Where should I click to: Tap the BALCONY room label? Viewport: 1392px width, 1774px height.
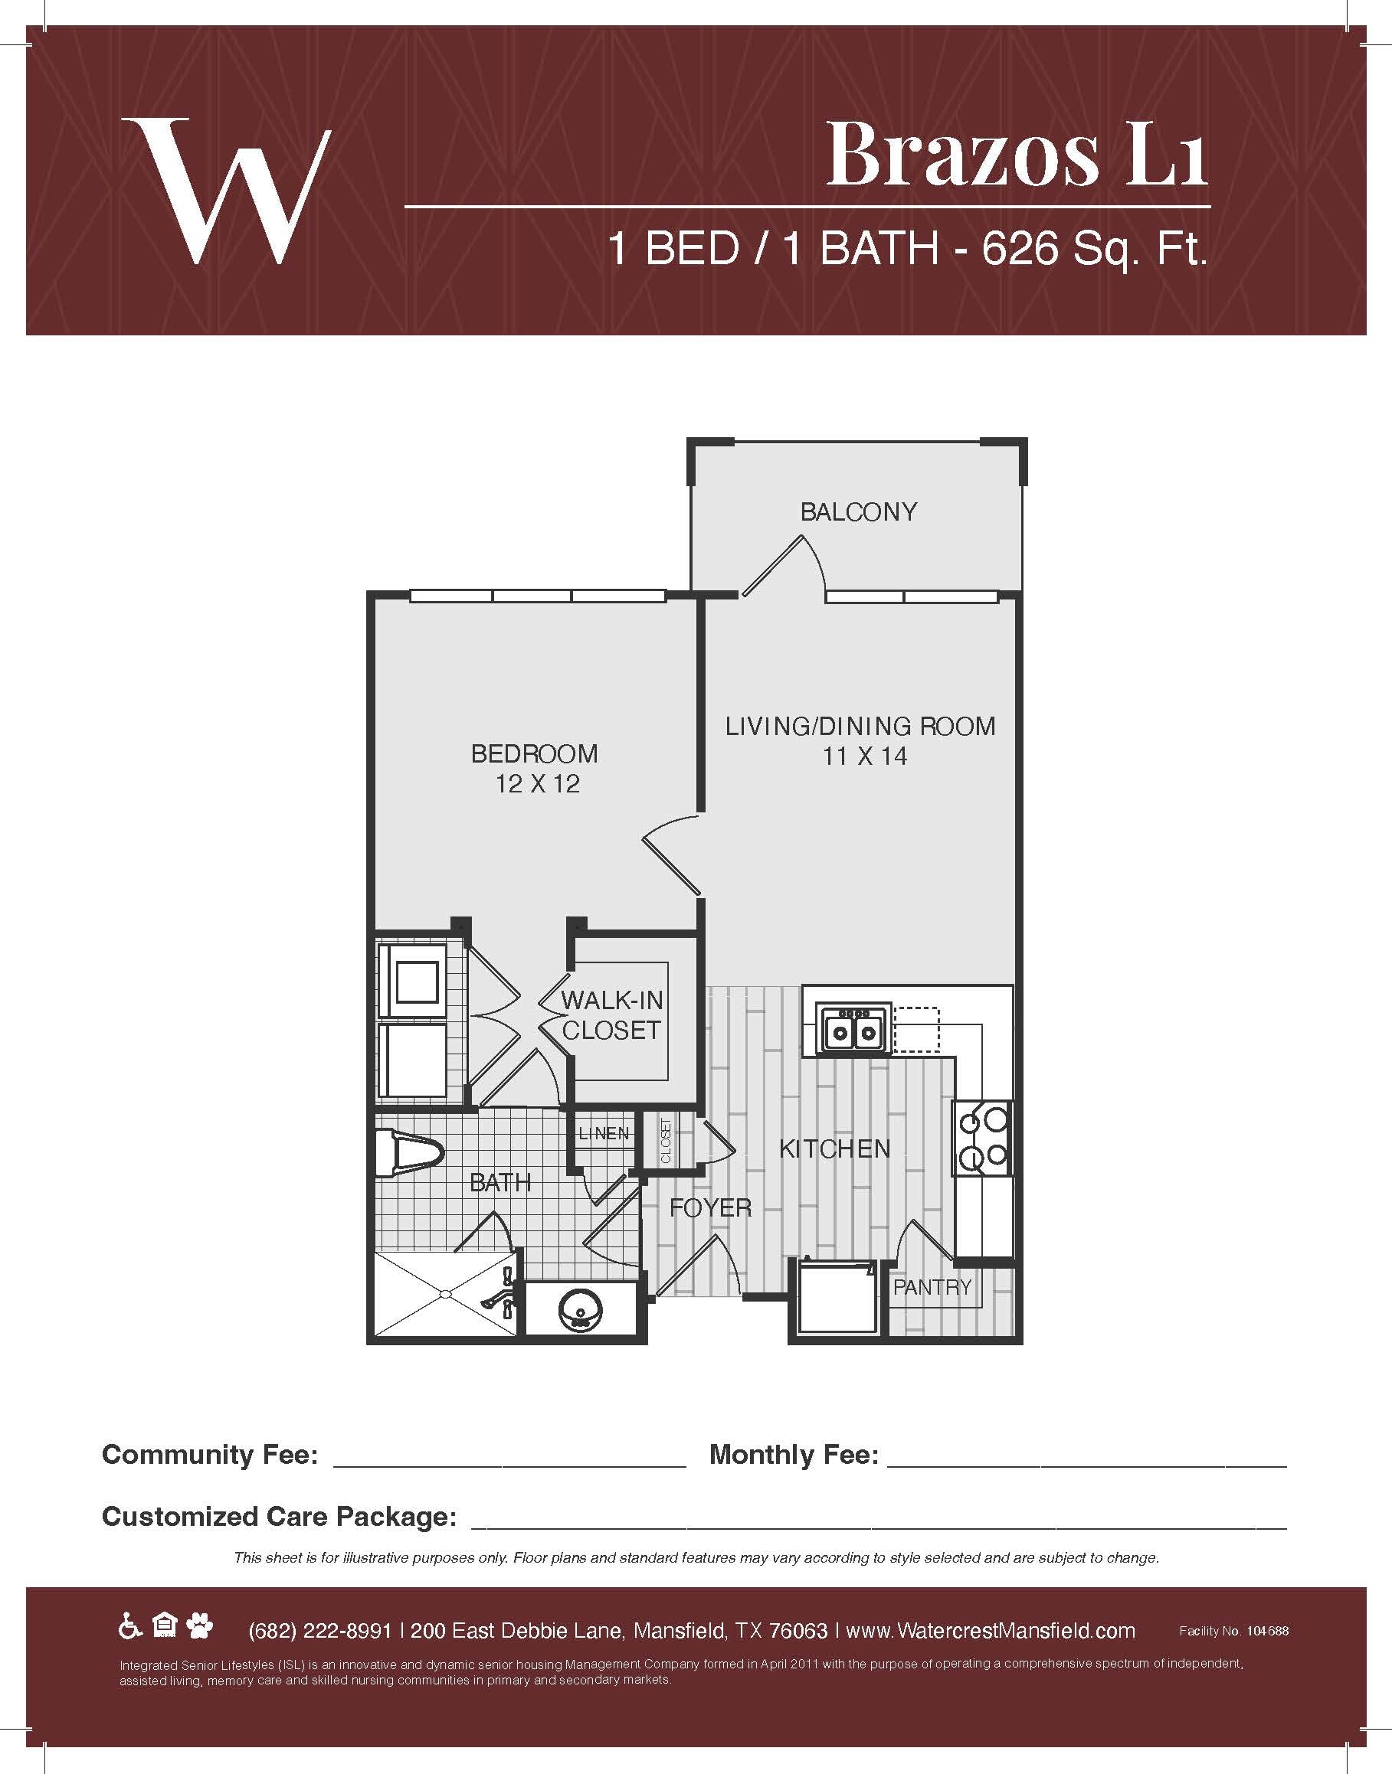858,511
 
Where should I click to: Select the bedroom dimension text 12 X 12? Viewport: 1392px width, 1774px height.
537,783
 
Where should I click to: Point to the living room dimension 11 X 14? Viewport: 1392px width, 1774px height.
865,756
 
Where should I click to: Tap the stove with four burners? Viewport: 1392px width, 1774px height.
984,1139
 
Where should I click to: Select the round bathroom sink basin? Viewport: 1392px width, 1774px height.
579,1312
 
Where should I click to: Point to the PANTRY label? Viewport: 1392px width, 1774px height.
932,1287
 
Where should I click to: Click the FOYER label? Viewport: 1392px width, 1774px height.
710,1207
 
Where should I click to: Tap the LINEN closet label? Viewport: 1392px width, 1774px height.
604,1133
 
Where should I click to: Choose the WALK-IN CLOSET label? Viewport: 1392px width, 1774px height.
612,1015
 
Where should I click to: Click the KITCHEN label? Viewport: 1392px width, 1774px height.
834,1148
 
